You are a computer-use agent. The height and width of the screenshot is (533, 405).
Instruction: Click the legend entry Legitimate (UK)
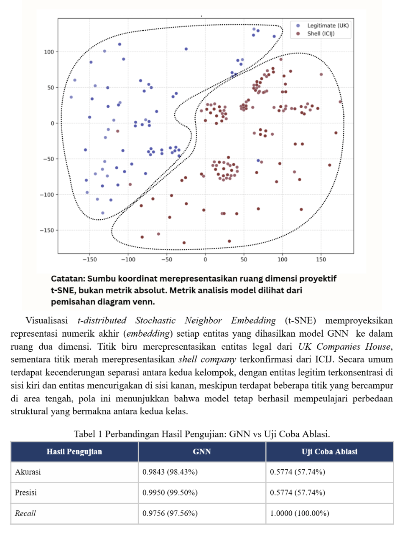tap(327, 25)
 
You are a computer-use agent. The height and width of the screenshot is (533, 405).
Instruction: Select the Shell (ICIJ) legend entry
tap(321, 33)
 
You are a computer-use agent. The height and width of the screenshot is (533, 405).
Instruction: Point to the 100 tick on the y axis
tap(49, 52)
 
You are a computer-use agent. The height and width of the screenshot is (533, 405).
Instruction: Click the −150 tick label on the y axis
tap(47, 230)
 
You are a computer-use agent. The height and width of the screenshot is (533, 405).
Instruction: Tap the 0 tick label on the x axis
tap(205, 259)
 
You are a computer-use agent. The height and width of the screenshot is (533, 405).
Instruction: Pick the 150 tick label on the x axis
tap(321, 259)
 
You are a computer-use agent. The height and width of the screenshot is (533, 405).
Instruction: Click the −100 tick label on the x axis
tap(128, 259)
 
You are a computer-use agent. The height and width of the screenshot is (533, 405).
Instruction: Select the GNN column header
tap(202, 452)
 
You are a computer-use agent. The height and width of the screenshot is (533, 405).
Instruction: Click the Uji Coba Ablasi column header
tap(329, 452)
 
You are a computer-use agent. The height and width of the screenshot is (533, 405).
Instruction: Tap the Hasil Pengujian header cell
tap(74, 452)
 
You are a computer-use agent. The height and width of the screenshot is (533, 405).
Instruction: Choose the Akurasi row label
tap(28, 472)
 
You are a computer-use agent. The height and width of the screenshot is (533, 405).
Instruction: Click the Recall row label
tap(25, 513)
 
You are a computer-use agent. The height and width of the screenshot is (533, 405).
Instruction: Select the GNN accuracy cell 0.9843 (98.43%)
tap(170, 472)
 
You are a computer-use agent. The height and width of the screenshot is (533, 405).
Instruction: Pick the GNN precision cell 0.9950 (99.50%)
tap(170, 492)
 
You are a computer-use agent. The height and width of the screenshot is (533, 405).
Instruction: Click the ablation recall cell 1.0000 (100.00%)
tap(299, 513)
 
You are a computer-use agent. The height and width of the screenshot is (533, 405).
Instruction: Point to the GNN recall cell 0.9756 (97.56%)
tap(170, 513)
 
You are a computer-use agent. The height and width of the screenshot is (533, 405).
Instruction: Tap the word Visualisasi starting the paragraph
tap(46, 320)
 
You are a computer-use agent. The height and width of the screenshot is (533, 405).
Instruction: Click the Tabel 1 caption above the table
tap(202, 434)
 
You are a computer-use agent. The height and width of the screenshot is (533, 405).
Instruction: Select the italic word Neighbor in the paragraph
tap(204, 320)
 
